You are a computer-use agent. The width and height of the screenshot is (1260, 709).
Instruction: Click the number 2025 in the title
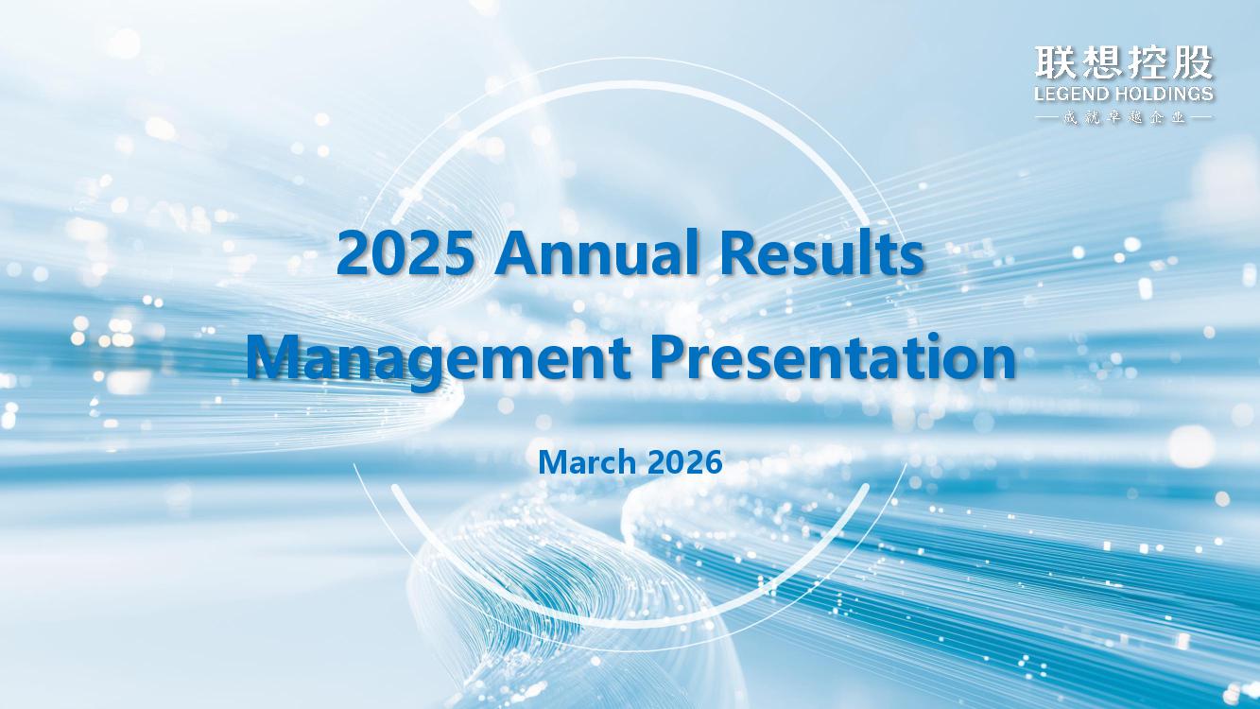click(405, 253)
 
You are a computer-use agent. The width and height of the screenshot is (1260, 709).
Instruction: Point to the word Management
click(439, 359)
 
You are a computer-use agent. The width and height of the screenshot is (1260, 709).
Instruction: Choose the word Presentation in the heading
click(833, 355)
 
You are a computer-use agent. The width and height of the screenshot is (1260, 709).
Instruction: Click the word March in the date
click(587, 462)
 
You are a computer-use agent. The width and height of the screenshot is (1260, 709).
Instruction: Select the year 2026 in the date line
click(684, 462)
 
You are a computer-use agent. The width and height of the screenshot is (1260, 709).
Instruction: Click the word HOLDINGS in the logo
click(1164, 94)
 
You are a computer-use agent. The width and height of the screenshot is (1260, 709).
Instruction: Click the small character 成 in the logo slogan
click(1069, 118)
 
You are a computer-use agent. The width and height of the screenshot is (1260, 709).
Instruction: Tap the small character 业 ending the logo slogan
click(1178, 118)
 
